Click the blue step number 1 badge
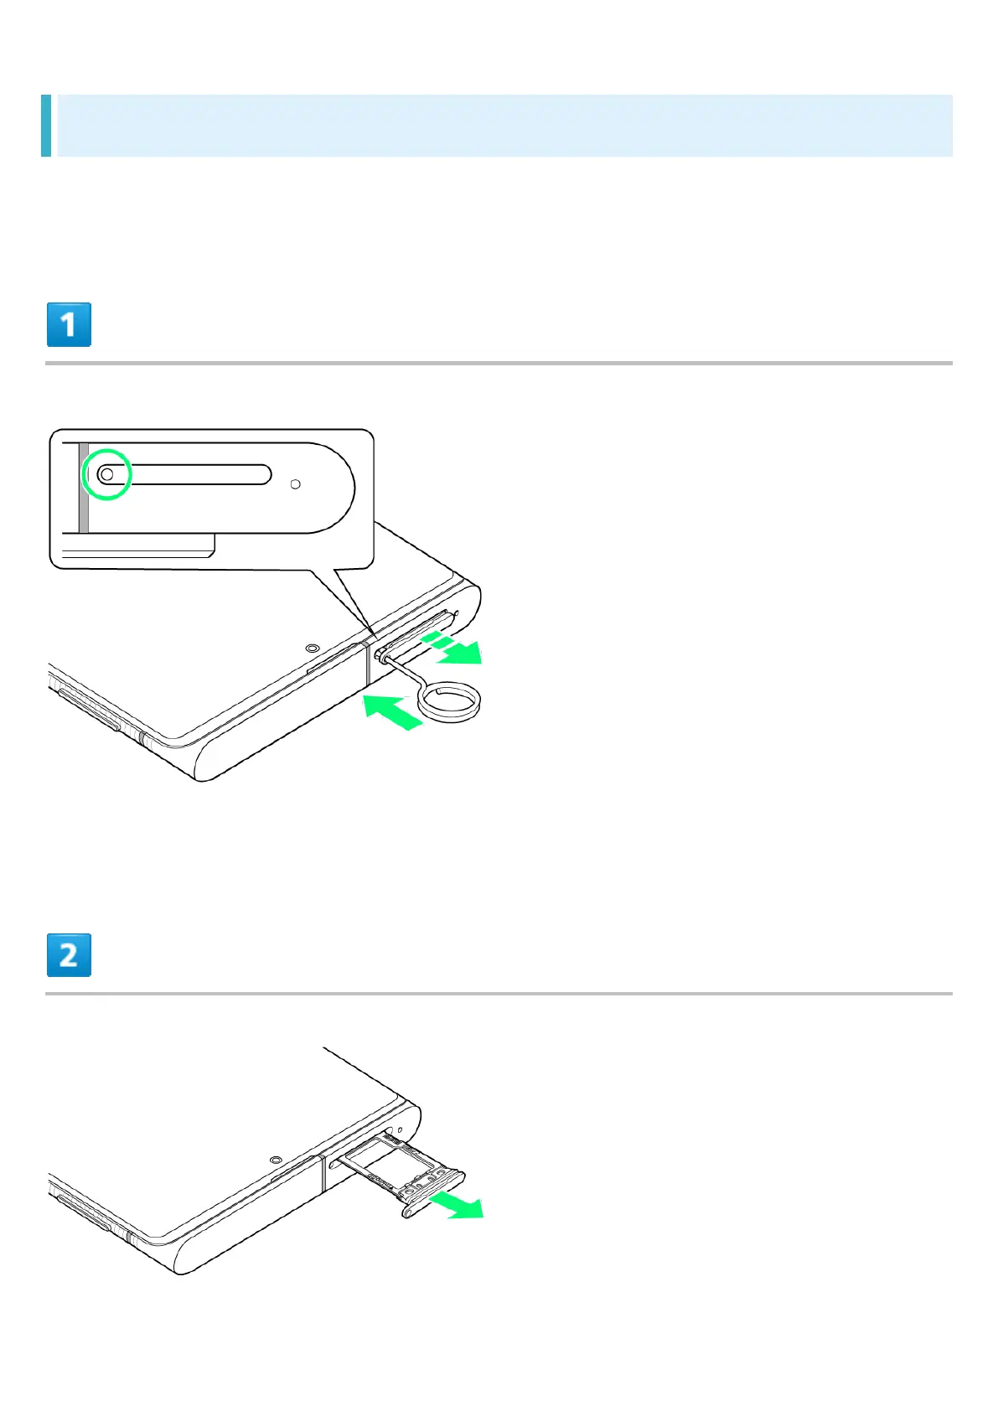point(69,325)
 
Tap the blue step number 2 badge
point(69,955)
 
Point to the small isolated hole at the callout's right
point(295,484)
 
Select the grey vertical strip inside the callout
point(84,488)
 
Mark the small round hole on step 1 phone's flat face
point(313,647)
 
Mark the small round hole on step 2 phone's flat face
point(276,1160)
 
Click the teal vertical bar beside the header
point(46,126)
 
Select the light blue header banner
point(503,126)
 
